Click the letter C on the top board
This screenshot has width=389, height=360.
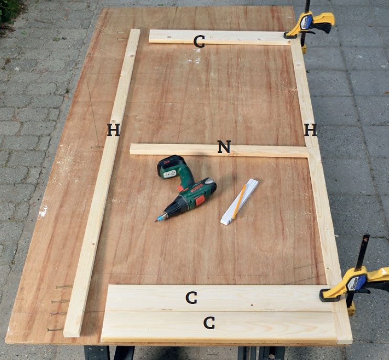click(x=199, y=41)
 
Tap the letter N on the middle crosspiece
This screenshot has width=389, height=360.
click(x=224, y=147)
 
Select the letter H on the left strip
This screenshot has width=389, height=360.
click(x=113, y=129)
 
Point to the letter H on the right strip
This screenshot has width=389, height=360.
click(x=310, y=129)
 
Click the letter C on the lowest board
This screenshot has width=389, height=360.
click(x=209, y=323)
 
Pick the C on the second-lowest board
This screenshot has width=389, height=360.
click(x=191, y=298)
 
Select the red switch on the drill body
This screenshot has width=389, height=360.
click(x=200, y=201)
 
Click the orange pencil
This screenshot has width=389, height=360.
click(x=239, y=202)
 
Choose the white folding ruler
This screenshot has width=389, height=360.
click(x=240, y=202)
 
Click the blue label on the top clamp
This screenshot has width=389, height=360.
click(x=306, y=21)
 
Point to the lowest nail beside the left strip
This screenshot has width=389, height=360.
click(x=56, y=330)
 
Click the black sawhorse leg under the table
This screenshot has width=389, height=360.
click(x=97, y=353)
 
